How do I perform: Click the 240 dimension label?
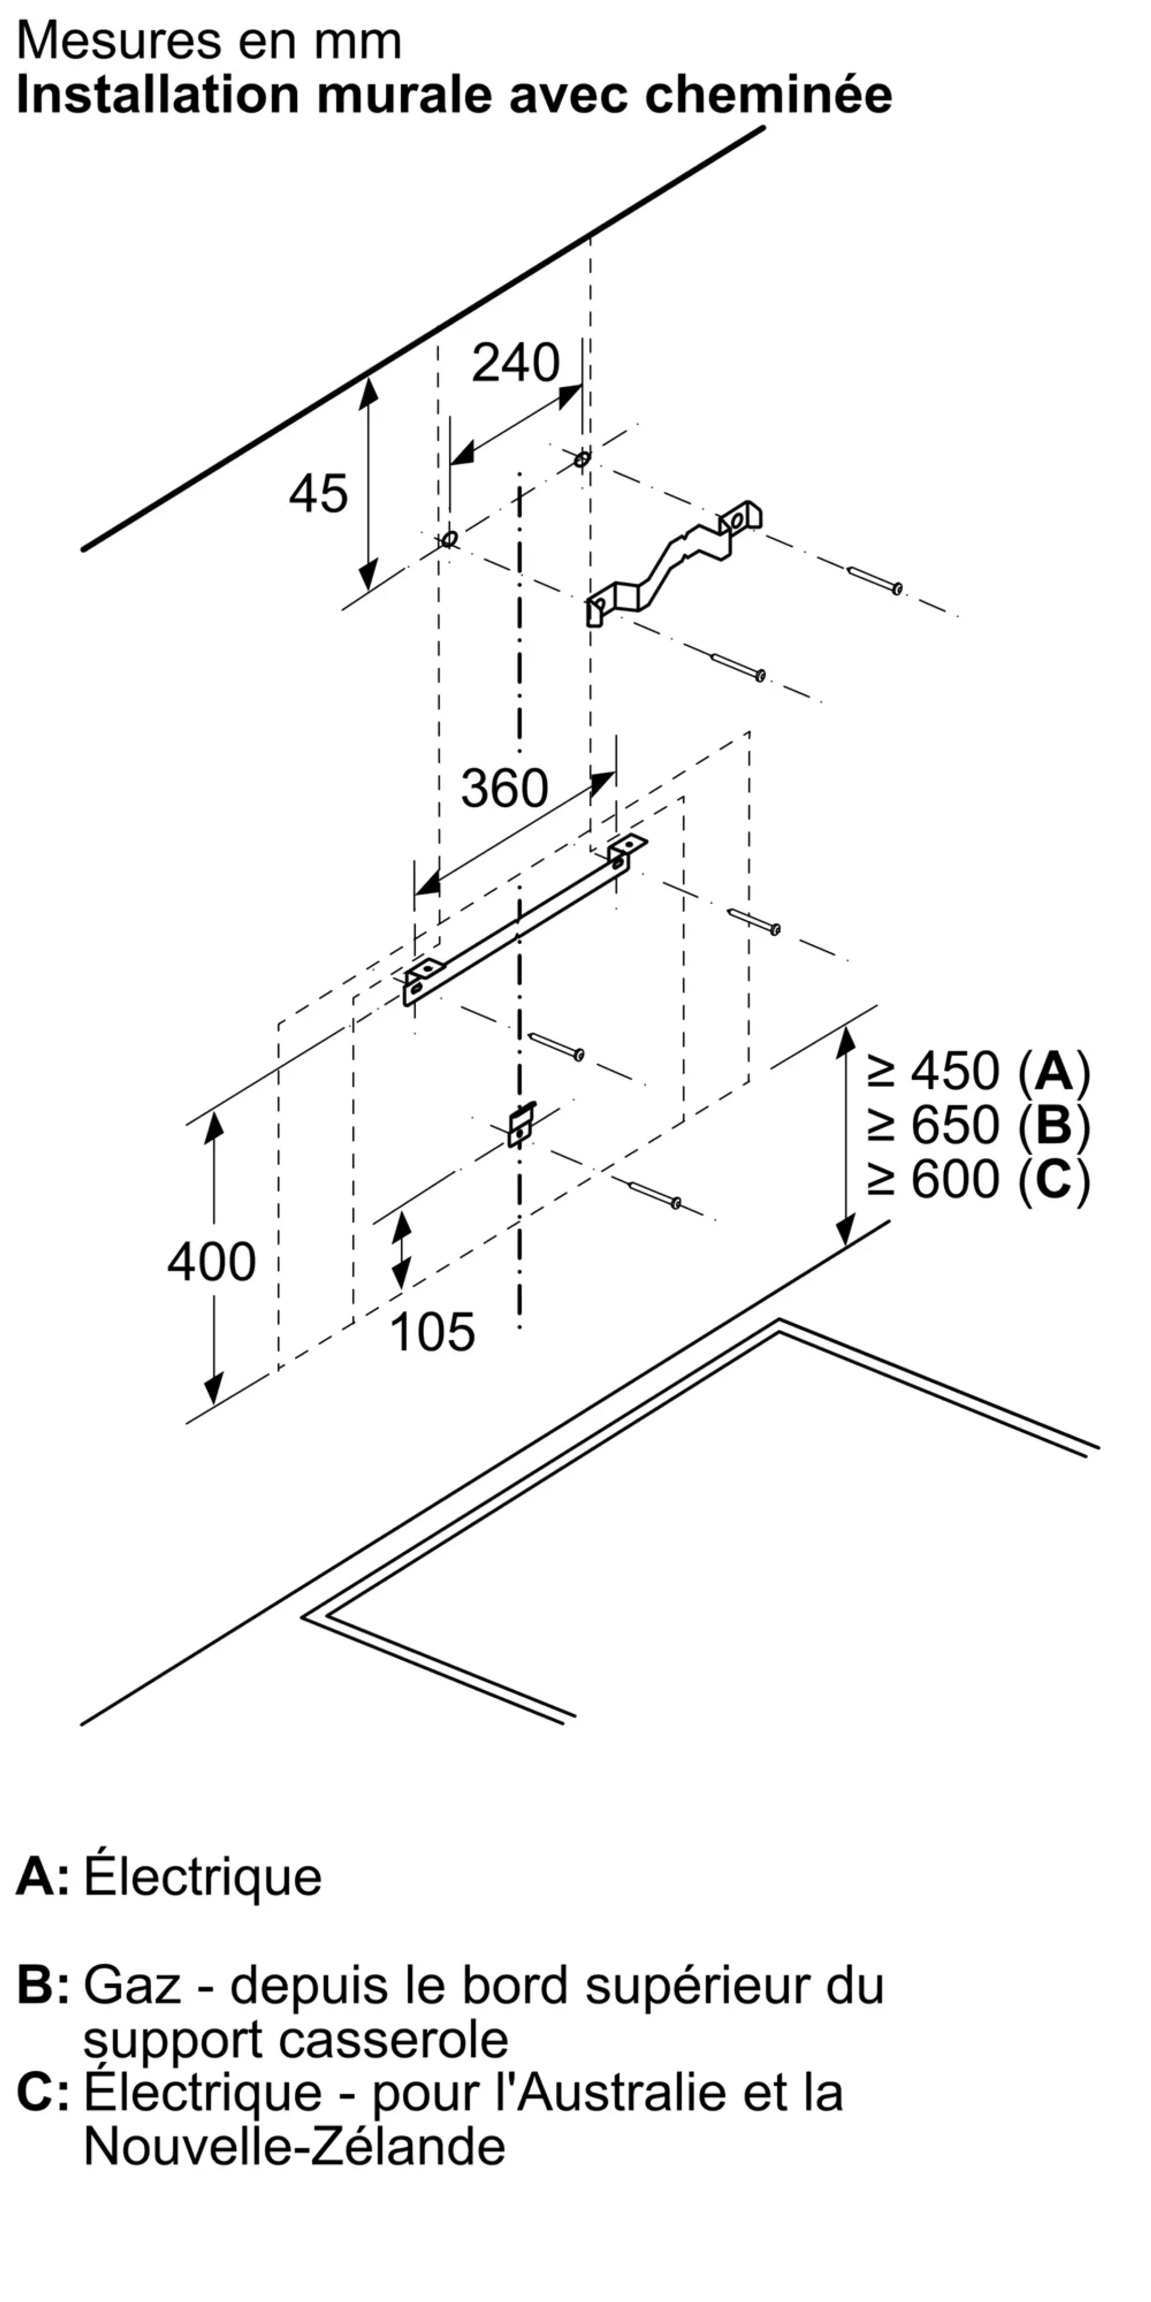516,363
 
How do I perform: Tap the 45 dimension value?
318,493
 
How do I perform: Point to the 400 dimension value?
212,1262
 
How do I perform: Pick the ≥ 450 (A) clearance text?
978,1071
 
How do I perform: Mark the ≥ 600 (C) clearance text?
978,1180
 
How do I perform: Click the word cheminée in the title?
768,95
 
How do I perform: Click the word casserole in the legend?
393,2039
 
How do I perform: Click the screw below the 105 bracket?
655,1195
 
